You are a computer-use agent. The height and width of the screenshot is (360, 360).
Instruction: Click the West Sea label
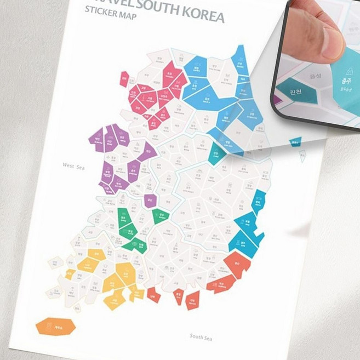click(x=76, y=165)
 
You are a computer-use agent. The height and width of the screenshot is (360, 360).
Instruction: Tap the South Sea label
click(x=201, y=337)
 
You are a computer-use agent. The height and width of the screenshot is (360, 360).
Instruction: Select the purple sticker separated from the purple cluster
click(x=150, y=200)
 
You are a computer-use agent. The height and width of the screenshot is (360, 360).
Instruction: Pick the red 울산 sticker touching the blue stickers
click(x=237, y=265)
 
